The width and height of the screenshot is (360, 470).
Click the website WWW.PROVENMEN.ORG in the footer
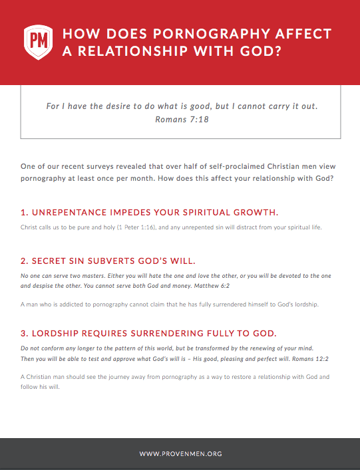pos(180,453)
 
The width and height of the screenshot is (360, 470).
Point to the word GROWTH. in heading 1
pos(255,213)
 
